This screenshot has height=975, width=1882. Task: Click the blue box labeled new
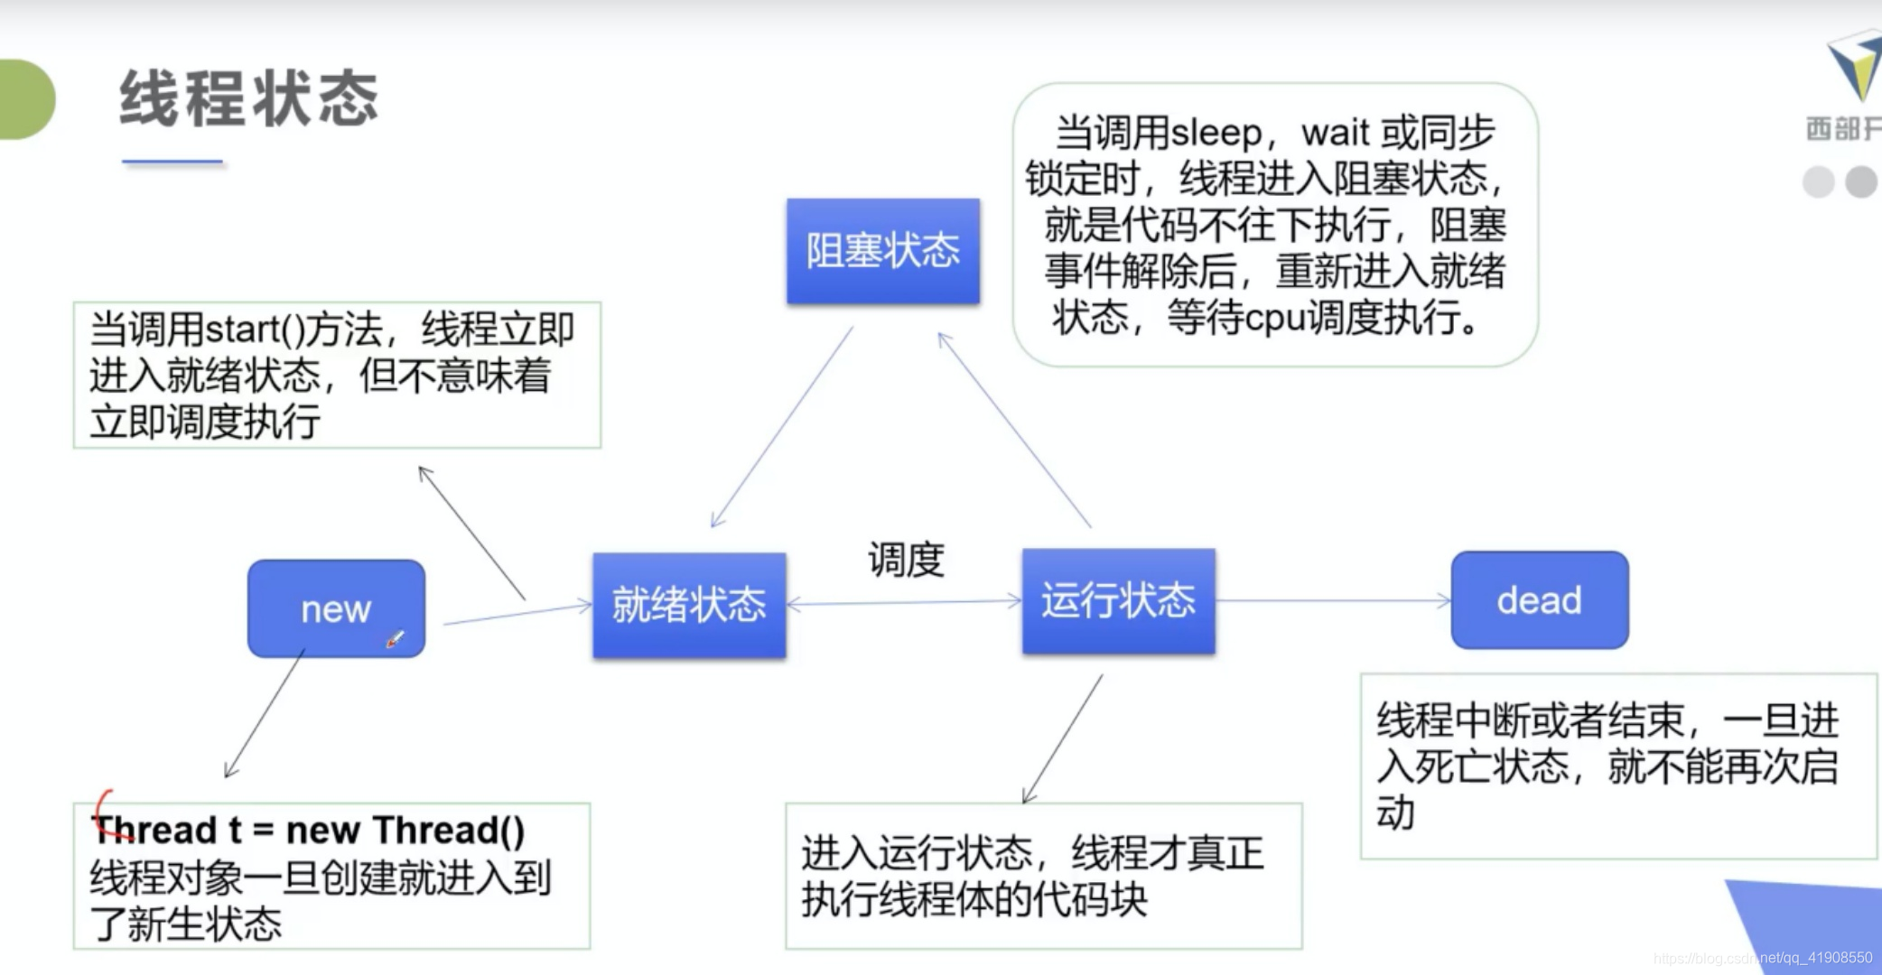coord(335,608)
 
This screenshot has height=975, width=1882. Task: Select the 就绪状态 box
coord(689,604)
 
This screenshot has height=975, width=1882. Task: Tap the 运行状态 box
coord(1118,600)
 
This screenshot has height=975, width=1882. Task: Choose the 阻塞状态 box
coord(882,251)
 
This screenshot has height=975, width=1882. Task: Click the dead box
coord(1540,600)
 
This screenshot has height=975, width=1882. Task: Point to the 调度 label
coord(906,560)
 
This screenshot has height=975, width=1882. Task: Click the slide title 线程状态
coord(249,98)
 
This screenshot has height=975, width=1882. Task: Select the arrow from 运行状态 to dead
coord(1332,600)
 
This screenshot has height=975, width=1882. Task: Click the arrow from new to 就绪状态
coord(517,614)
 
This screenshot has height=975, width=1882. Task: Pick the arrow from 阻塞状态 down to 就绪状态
coord(781,427)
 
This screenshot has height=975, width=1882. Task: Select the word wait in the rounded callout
coord(1335,134)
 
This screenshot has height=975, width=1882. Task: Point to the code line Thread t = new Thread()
coord(311,830)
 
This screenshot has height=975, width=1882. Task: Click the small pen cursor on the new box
coord(396,639)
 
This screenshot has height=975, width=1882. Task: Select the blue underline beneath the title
coord(172,162)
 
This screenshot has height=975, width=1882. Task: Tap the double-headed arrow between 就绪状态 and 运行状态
coord(903,602)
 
